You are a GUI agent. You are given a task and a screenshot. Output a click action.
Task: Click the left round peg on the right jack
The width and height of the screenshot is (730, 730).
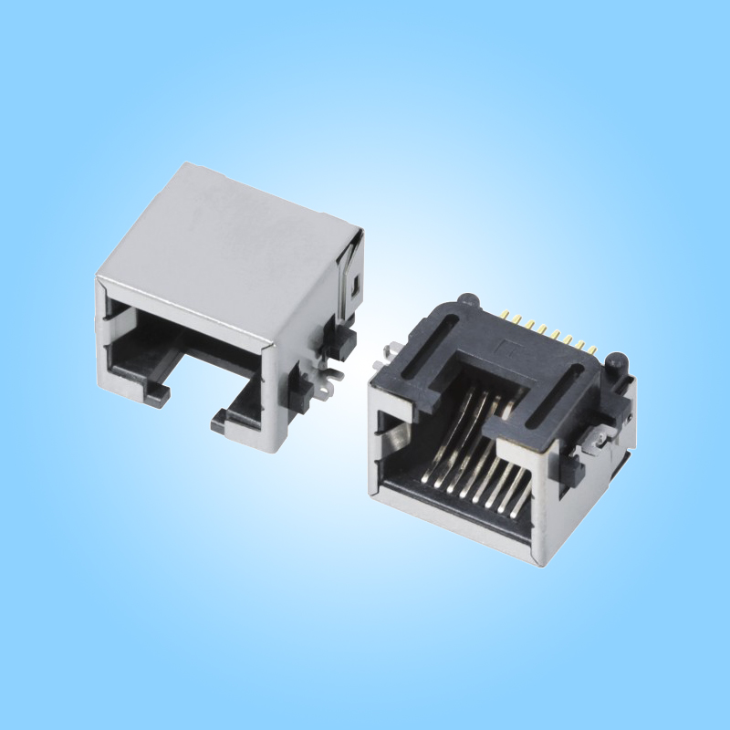point(468,299)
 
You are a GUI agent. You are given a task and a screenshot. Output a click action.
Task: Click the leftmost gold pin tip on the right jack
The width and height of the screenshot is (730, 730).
point(506,315)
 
